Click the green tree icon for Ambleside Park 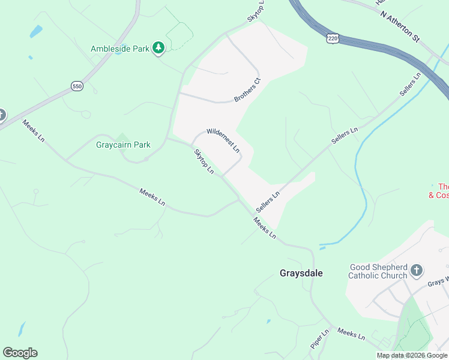pyautogui.click(x=158, y=48)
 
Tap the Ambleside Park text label pyautogui.click(x=119, y=49)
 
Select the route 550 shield pyautogui.click(x=76, y=86)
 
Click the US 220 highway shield pyautogui.click(x=332, y=38)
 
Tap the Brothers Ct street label pyautogui.click(x=248, y=89)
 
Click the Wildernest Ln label pyautogui.click(x=223, y=139)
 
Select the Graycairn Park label pyautogui.click(x=123, y=145)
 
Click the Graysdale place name pyautogui.click(x=301, y=273)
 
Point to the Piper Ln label pyautogui.click(x=321, y=340)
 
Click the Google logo pyautogui.click(x=20, y=353)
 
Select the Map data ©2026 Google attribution pyautogui.click(x=412, y=355)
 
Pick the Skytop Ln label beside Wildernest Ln pyautogui.click(x=203, y=162)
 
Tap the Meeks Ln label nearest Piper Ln pyautogui.click(x=351, y=334)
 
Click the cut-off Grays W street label pyautogui.click(x=438, y=281)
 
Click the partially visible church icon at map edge pyautogui.click(x=2, y=115)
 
